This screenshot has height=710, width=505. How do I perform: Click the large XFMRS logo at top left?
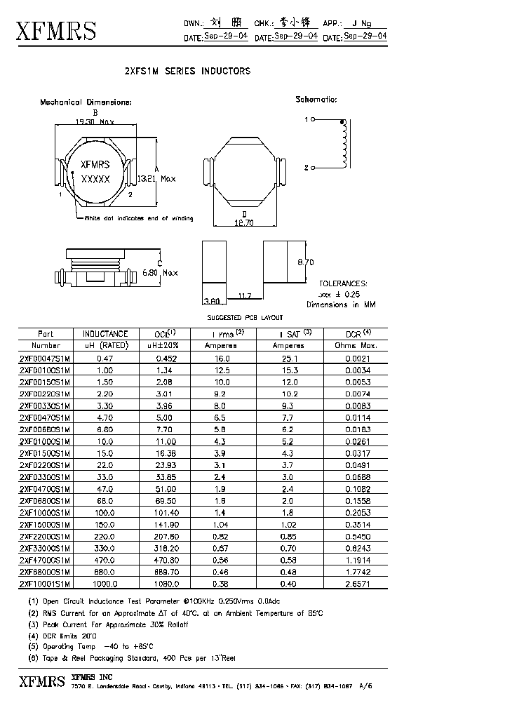click(56, 31)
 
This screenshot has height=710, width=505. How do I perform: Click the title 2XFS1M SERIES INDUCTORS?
click(187, 72)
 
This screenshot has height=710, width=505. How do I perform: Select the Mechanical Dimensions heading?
click(86, 102)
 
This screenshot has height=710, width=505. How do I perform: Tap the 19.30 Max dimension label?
click(94, 121)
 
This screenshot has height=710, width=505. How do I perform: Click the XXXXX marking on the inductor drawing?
click(95, 180)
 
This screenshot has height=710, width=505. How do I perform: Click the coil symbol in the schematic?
click(343, 145)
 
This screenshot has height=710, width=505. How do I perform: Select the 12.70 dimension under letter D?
click(243, 223)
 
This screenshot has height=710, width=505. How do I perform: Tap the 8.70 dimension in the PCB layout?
click(305, 262)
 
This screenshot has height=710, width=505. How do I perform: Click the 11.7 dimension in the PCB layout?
click(245, 297)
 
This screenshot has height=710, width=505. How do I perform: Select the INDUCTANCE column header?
click(105, 334)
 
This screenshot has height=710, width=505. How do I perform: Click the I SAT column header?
click(288, 334)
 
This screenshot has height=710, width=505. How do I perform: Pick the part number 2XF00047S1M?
click(44, 358)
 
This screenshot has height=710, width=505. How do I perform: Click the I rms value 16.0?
click(222, 358)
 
